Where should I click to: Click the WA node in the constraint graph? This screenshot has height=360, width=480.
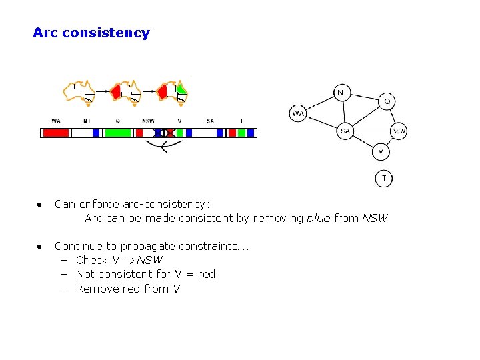click(x=298, y=113)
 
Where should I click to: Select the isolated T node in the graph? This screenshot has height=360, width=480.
click(x=383, y=178)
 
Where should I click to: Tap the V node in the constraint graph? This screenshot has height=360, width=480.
click(x=380, y=151)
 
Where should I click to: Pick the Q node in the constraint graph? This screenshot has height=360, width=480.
click(x=387, y=101)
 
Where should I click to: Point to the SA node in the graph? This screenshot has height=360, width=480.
click(x=345, y=131)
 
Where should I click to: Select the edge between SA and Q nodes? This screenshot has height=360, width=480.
click(x=366, y=116)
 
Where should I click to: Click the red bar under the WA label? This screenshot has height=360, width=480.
click(x=56, y=133)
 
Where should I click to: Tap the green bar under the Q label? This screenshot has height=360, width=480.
click(x=118, y=133)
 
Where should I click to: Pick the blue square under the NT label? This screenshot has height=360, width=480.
click(x=96, y=133)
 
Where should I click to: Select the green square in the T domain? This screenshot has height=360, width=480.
click(x=241, y=133)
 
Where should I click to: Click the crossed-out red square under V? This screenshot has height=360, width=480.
click(x=170, y=133)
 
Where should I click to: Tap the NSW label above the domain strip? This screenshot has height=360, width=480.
click(x=148, y=121)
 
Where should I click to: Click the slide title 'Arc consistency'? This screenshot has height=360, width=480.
click(x=91, y=33)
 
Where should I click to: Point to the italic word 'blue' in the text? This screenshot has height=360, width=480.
click(x=318, y=218)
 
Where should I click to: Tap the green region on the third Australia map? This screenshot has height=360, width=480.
click(x=181, y=89)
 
